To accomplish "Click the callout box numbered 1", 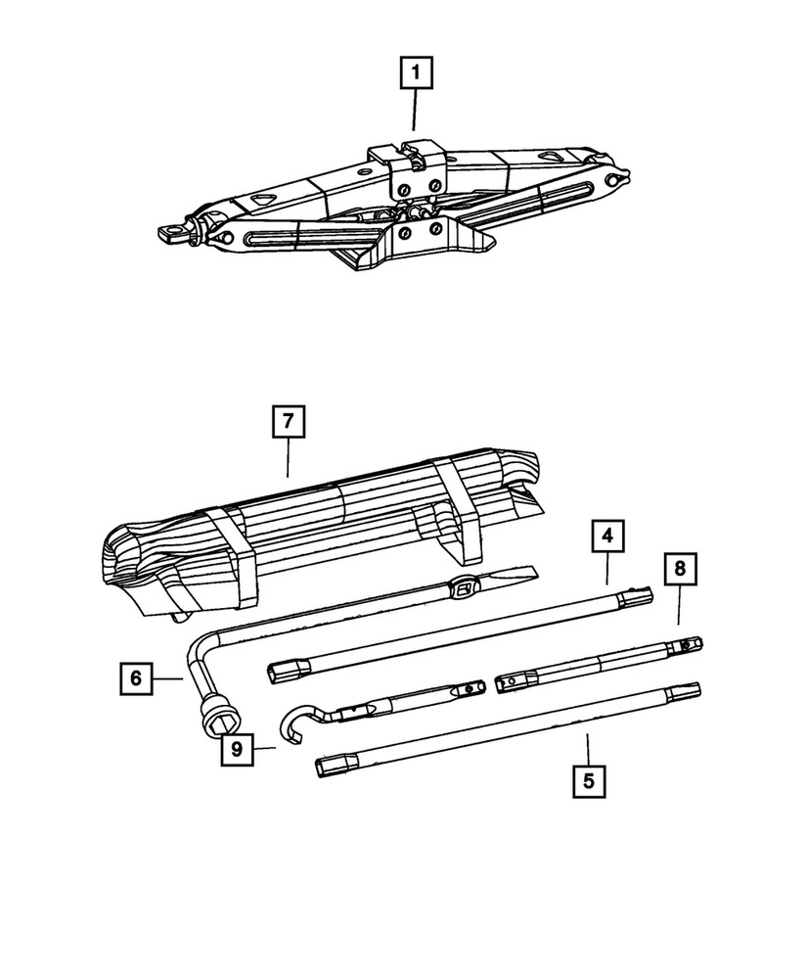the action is pyautogui.click(x=416, y=73).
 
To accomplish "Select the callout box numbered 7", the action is pyautogui.click(x=288, y=421).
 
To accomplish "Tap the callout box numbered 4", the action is pyautogui.click(x=607, y=536).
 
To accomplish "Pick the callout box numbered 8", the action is pyautogui.click(x=680, y=568).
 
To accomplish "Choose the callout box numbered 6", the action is pyautogui.click(x=137, y=678).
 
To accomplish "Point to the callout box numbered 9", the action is pyautogui.click(x=237, y=749).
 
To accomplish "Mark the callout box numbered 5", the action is pyautogui.click(x=589, y=781).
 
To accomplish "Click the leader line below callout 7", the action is pyautogui.click(x=288, y=457).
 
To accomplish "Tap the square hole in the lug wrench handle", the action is pyautogui.click(x=464, y=586).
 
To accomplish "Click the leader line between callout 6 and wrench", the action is pyautogui.click(x=168, y=678).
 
